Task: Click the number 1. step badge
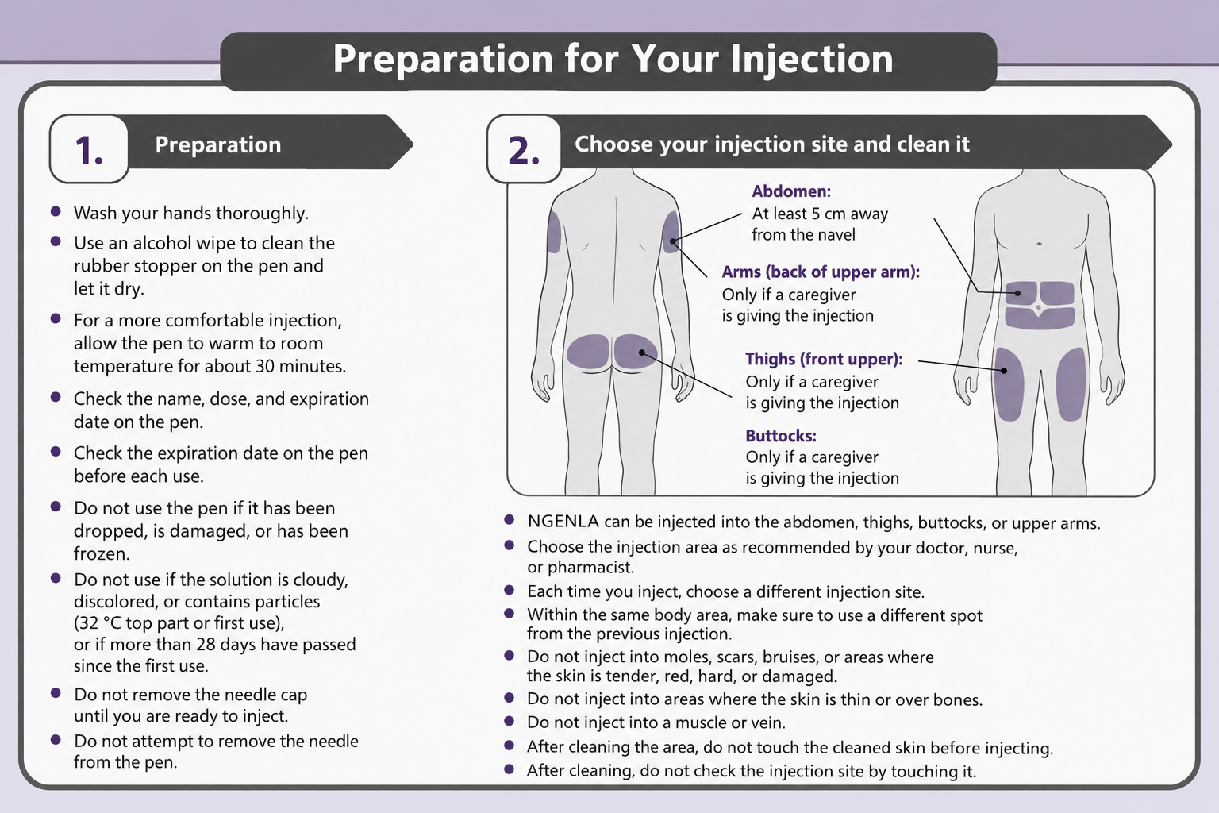89,148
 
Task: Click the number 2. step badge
524,148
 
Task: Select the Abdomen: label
791,191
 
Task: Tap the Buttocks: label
781,436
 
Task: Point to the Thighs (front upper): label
824,359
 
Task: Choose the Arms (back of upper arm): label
821,272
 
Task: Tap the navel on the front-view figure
1038,308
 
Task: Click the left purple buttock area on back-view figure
588,352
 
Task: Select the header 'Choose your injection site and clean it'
772,144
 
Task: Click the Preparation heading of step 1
218,144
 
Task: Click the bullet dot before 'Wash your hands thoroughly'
56,211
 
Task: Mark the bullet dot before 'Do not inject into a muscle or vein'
510,721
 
